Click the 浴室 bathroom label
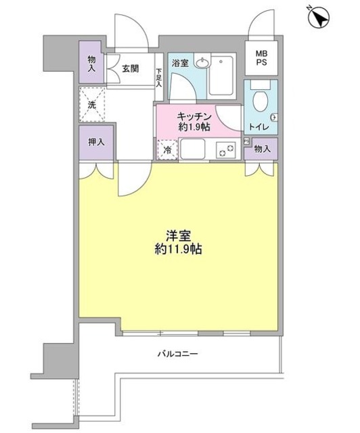(x=179, y=64)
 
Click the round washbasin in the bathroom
(x=201, y=64)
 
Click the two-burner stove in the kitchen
(x=225, y=149)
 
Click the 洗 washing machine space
(x=91, y=105)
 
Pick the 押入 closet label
(x=95, y=143)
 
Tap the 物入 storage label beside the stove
(x=262, y=149)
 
